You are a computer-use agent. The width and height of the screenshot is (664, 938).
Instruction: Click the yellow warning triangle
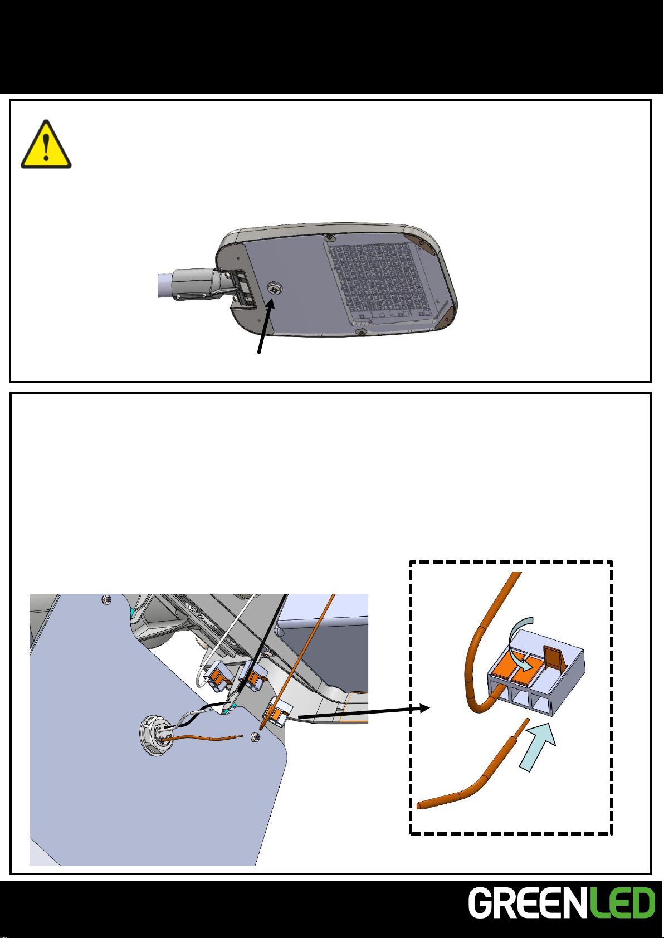[46, 145]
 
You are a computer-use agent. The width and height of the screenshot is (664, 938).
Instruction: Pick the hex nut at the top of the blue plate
[107, 600]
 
